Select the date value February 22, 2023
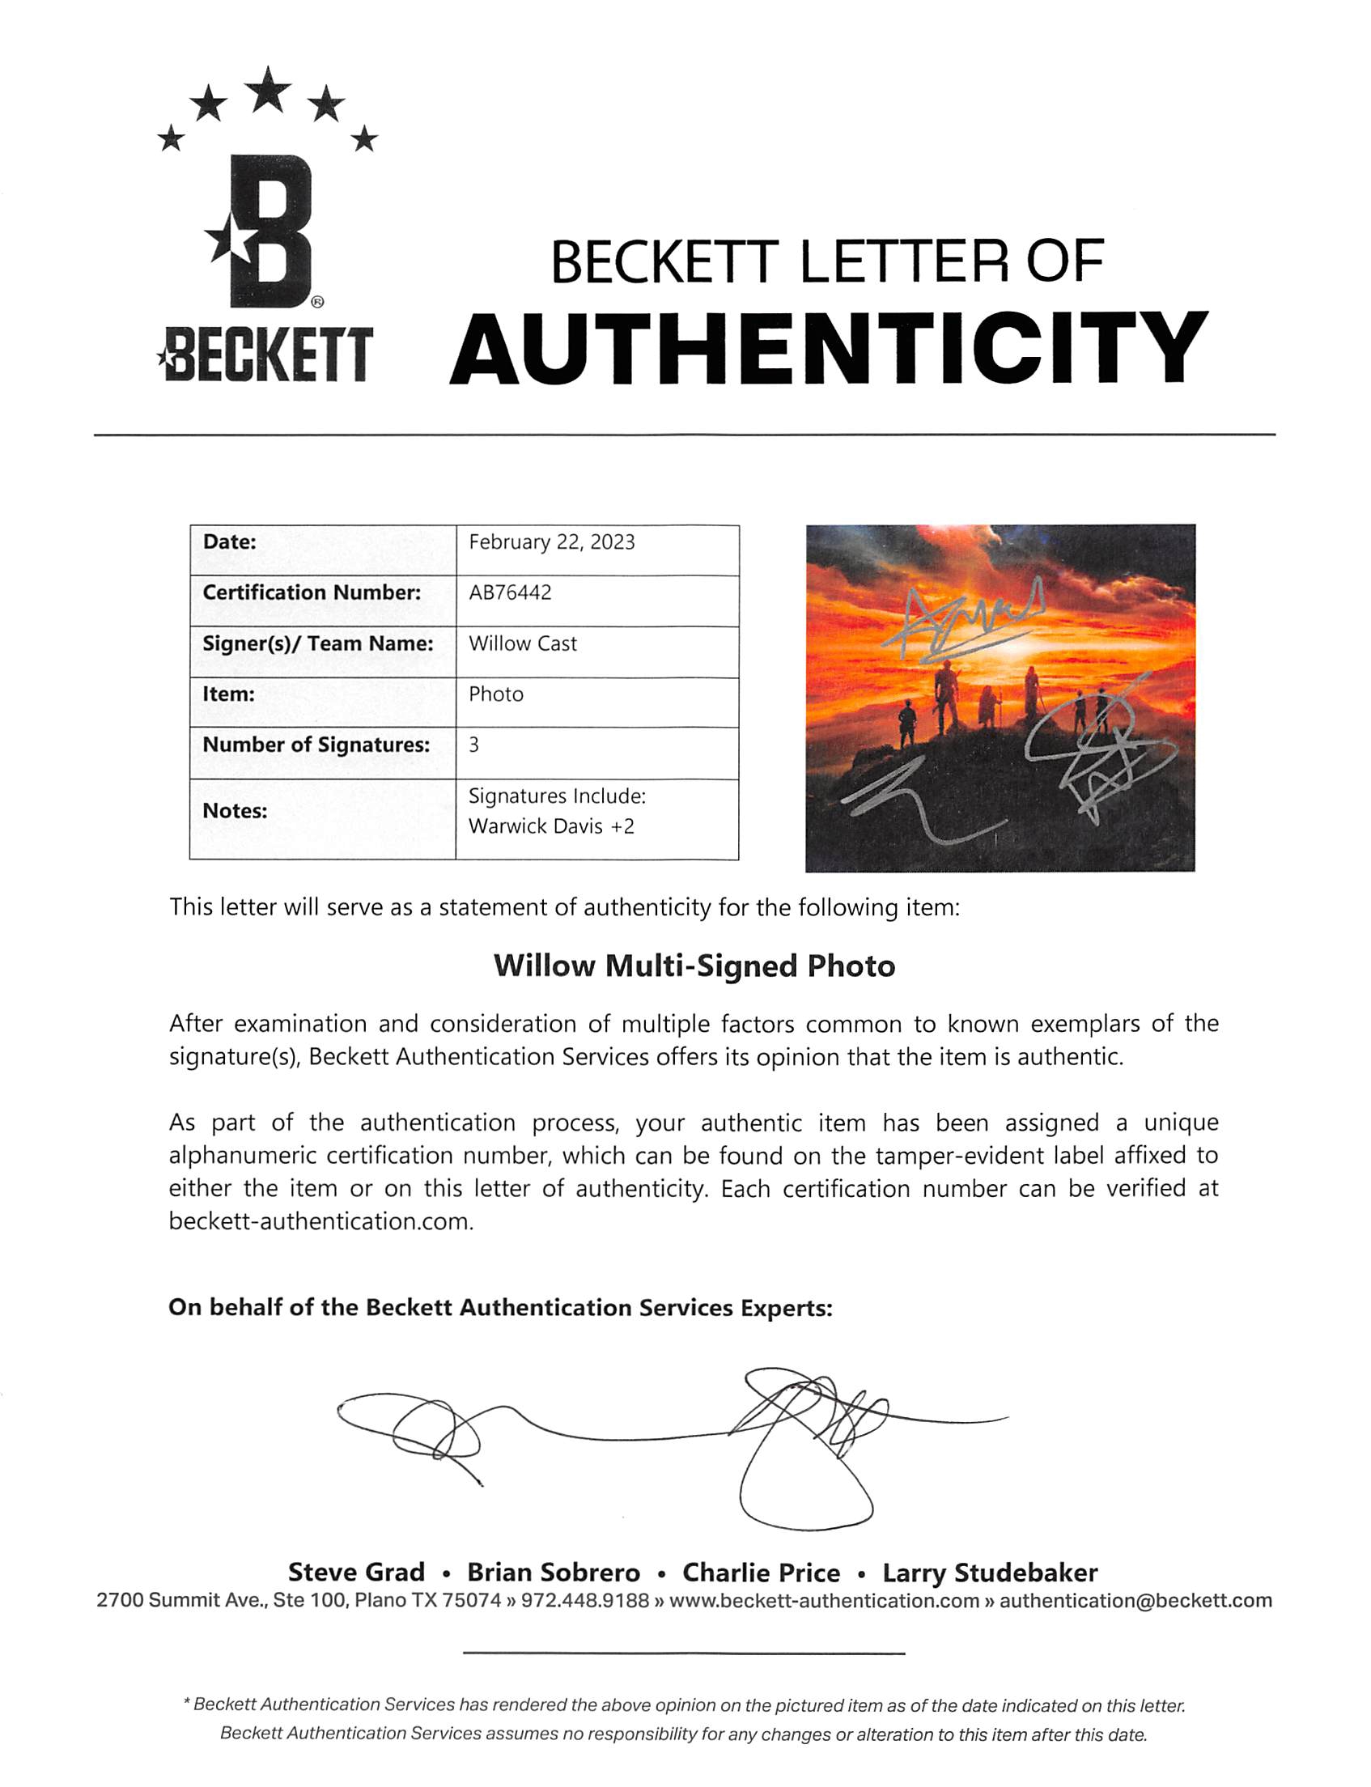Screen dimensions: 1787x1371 [552, 542]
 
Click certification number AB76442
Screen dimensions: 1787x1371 [510, 592]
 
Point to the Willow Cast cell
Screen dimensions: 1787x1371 [522, 643]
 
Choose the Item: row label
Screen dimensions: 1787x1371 [228, 694]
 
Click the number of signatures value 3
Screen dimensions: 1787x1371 [474, 745]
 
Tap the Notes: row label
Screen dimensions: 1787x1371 [235, 811]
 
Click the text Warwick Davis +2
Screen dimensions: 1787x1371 [552, 826]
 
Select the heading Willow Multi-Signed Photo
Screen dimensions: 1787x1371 [694, 966]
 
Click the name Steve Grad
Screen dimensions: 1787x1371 [357, 1573]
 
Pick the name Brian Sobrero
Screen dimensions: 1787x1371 [554, 1573]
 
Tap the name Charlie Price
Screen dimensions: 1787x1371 [762, 1573]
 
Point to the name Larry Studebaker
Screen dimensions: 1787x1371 [990, 1573]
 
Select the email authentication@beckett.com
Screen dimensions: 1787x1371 [1136, 1601]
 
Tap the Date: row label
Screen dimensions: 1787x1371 [229, 542]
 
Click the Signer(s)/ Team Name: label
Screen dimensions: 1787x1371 [317, 643]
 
